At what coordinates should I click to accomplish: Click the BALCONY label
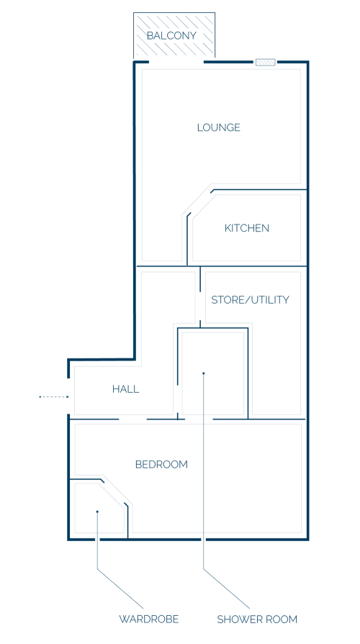[172, 36]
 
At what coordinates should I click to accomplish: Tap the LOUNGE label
[219, 127]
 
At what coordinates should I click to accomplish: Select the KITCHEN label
[246, 228]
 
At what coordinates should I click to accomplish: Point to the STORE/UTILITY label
[250, 300]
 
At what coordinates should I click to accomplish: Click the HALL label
[126, 389]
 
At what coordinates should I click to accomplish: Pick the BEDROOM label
[161, 465]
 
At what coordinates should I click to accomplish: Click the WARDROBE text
[149, 619]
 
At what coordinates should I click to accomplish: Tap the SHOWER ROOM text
[257, 619]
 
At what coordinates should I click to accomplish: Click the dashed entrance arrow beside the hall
[54, 396]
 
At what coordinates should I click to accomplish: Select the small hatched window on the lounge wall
[265, 63]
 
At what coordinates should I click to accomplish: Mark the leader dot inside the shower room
[204, 373]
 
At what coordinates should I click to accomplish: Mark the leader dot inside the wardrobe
[97, 512]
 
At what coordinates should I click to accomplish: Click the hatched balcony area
[174, 35]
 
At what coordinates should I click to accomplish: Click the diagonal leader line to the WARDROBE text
[120, 589]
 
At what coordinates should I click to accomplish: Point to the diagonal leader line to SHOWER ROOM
[226, 589]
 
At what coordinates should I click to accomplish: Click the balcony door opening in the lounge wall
[176, 63]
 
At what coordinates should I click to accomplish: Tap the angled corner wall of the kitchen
[199, 202]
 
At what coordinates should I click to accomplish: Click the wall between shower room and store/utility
[248, 373]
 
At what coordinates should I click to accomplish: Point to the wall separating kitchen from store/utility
[248, 266]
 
